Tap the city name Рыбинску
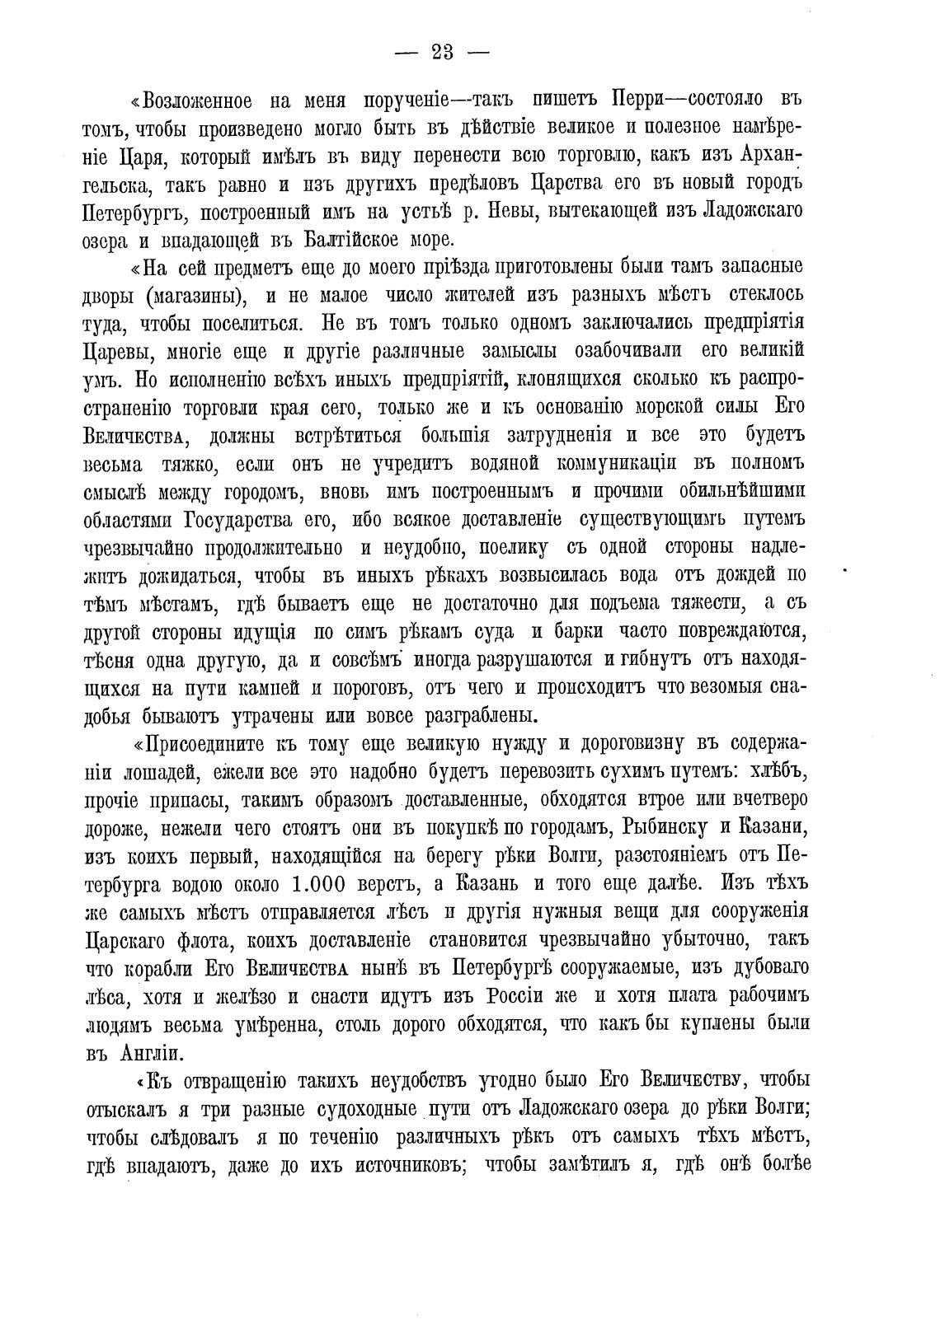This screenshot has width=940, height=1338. click(654, 828)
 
